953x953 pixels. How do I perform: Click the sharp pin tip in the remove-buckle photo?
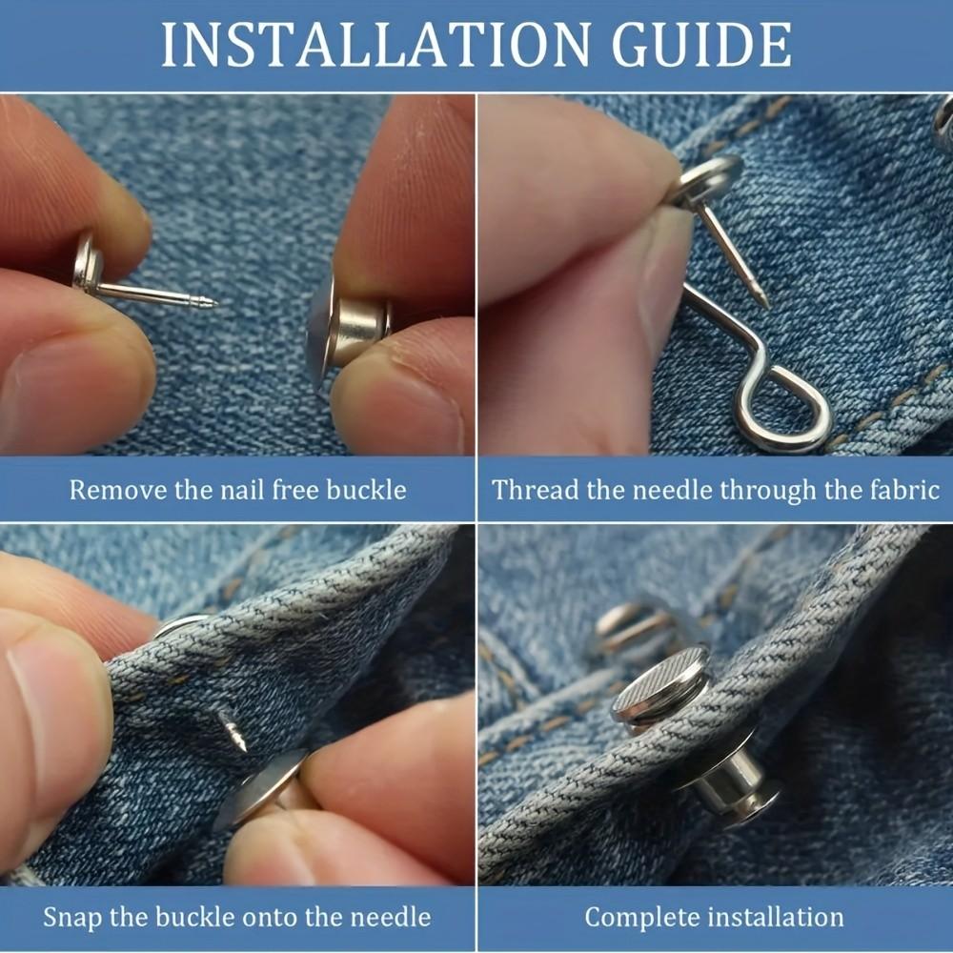(212, 304)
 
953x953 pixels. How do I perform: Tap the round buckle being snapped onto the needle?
(259, 787)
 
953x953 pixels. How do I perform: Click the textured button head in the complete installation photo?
(660, 684)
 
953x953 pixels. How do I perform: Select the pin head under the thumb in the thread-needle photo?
(710, 176)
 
